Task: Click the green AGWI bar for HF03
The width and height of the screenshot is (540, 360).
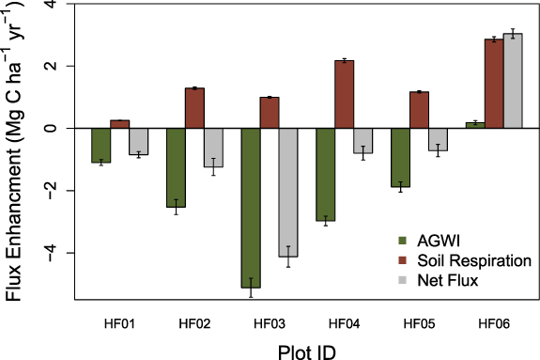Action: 251,207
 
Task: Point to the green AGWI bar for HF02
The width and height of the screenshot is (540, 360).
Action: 176,167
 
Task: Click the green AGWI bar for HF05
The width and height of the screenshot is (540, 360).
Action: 400,157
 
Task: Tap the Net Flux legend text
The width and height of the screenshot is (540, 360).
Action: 448,280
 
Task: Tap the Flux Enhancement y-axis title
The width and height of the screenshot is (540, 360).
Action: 13,150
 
